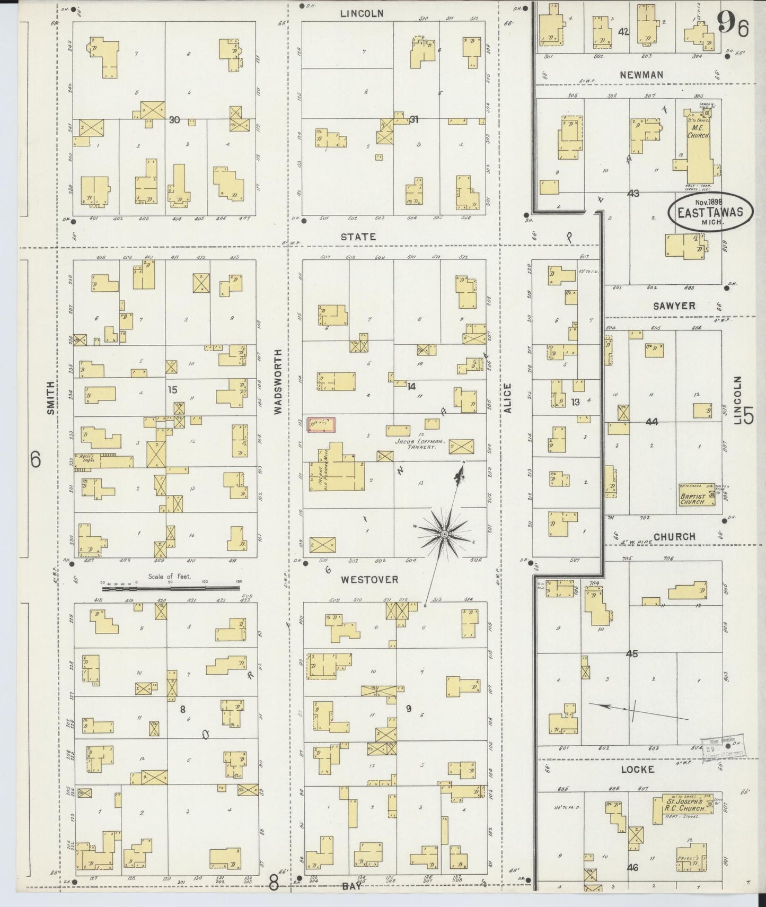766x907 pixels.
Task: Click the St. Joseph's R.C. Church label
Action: point(686,806)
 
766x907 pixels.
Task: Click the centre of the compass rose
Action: point(444,533)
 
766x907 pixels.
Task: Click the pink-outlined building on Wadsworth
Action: point(321,424)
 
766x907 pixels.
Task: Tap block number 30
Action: point(174,120)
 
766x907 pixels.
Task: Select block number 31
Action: point(414,120)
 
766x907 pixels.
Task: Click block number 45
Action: point(631,654)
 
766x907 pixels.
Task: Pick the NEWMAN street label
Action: point(641,75)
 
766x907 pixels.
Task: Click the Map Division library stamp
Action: point(722,748)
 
